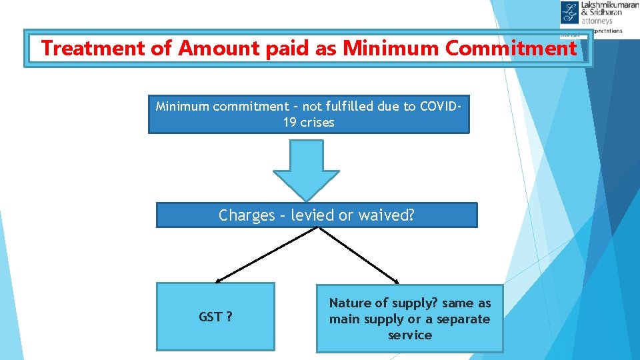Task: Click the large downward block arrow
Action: pos(307,169)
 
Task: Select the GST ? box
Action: pos(215,317)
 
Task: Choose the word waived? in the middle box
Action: pos(386,215)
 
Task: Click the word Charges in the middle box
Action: pos(246,215)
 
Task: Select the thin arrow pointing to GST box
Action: pos(267,255)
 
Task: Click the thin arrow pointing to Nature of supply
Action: pos(360,255)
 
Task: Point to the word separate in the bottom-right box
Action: pos(463,319)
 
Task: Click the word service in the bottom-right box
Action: pos(409,335)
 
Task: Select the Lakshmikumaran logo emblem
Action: pos(570,13)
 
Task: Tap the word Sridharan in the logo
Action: pos(605,13)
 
